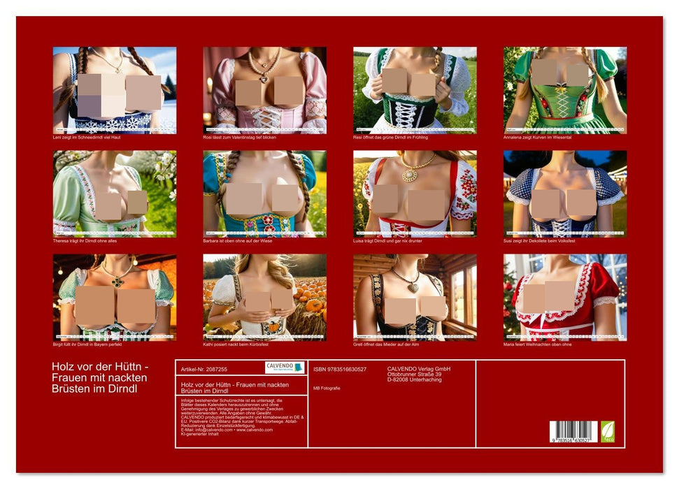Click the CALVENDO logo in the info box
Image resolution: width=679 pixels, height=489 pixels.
click(285, 367)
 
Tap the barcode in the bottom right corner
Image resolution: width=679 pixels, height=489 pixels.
click(573, 431)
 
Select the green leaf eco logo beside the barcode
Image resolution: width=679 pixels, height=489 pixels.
click(609, 430)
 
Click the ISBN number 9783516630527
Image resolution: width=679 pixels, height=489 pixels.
click(340, 370)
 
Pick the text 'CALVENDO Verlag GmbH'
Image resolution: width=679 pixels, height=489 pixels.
click(419, 369)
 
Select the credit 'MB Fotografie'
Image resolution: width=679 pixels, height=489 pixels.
click(327, 388)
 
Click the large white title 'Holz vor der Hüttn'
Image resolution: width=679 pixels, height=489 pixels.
click(100, 367)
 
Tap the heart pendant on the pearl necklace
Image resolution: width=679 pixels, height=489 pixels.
click(264, 79)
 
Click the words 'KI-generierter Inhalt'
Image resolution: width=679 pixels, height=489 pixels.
click(199, 434)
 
